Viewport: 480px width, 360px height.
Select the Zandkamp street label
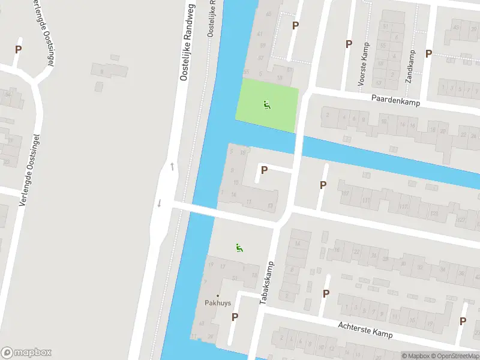click(x=411, y=66)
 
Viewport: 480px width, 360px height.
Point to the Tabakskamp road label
click(x=267, y=282)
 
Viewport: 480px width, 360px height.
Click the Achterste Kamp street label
click(x=365, y=329)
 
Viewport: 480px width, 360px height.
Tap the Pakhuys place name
click(x=218, y=303)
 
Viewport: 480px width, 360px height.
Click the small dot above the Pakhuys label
click(x=218, y=296)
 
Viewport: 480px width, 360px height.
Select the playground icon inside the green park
click(x=267, y=105)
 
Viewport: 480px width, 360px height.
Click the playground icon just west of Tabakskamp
click(x=239, y=247)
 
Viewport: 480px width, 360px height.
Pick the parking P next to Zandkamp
click(x=428, y=54)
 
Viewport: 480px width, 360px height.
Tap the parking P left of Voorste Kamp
click(x=349, y=44)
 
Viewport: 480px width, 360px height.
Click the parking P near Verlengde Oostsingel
click(x=18, y=50)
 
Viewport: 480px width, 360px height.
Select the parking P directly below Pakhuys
click(x=235, y=317)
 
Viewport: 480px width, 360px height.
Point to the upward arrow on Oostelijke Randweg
click(x=172, y=166)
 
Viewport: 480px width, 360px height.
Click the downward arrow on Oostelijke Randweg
click(x=159, y=203)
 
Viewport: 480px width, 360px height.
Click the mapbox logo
click(x=26, y=353)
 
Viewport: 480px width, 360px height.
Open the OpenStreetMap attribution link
click(x=455, y=356)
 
